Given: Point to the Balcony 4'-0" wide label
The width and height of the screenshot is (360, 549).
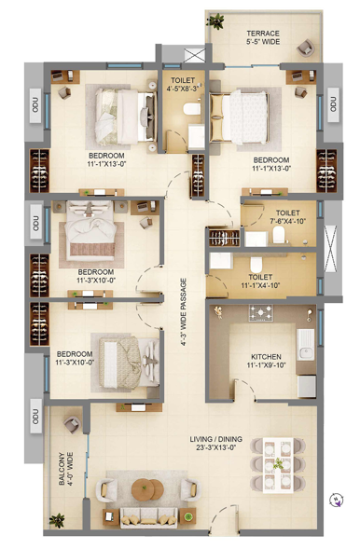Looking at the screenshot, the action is [66, 469].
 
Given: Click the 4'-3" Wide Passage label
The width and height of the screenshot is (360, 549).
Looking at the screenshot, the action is [184, 312].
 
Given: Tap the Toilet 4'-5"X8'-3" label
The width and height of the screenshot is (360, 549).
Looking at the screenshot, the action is [183, 85].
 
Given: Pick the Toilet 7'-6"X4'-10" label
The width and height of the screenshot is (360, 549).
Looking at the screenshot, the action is [288, 217].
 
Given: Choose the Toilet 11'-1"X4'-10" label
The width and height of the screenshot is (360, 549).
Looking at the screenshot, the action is [260, 281].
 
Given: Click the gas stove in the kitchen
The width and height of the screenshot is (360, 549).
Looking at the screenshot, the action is [261, 312].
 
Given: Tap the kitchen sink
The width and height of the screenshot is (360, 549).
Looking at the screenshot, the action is [305, 345].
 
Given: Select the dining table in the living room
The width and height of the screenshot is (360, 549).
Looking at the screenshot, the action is [278, 464].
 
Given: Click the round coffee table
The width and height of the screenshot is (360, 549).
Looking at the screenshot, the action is [147, 489].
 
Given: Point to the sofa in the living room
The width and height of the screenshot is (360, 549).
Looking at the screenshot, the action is [147, 517].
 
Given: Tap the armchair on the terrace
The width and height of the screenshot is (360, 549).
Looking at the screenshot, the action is [305, 48].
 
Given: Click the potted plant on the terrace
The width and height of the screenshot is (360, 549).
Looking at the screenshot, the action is [215, 21].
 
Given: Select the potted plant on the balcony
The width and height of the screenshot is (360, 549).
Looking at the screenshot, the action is [57, 519].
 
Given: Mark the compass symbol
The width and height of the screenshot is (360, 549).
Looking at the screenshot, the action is [337, 500].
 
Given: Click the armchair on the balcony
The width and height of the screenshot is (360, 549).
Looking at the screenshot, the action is [73, 424].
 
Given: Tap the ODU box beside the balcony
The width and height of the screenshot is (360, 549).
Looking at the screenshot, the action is [35, 416].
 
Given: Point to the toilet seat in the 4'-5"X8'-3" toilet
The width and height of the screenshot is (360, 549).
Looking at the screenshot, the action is [191, 108].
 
